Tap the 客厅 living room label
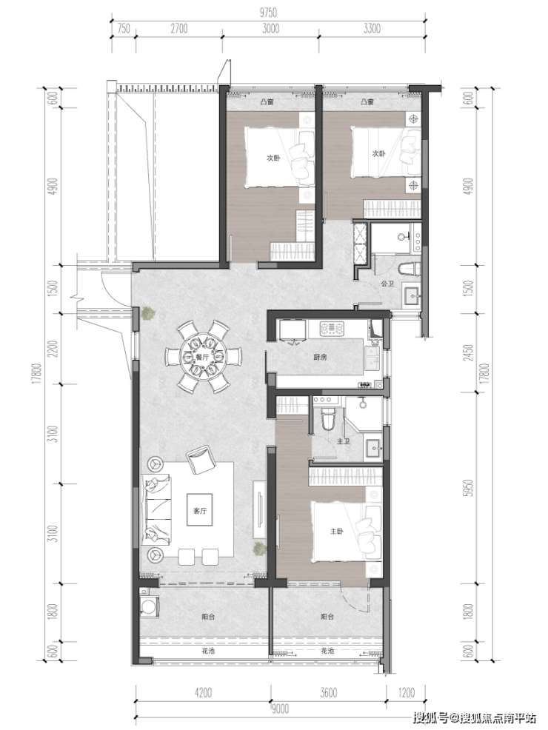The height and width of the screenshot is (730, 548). [199, 511]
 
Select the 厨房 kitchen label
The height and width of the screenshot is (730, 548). [320, 358]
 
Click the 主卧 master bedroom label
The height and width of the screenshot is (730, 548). [336, 531]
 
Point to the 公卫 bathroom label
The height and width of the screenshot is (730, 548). [387, 283]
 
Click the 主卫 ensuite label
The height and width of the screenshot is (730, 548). [343, 441]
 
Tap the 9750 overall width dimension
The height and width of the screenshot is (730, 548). [268, 13]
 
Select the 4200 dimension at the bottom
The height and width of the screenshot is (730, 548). [203, 693]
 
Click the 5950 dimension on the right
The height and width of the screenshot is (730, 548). [469, 487]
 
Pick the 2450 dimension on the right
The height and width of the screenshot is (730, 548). [469, 352]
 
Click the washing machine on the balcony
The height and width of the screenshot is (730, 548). [150, 605]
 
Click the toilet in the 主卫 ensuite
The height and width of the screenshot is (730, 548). [328, 419]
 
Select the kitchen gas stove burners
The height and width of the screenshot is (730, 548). [332, 329]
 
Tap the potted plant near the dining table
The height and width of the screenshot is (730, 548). [149, 313]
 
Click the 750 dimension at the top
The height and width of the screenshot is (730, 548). [123, 28]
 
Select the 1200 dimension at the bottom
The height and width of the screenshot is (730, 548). [406, 693]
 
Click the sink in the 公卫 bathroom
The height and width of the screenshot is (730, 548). [412, 295]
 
